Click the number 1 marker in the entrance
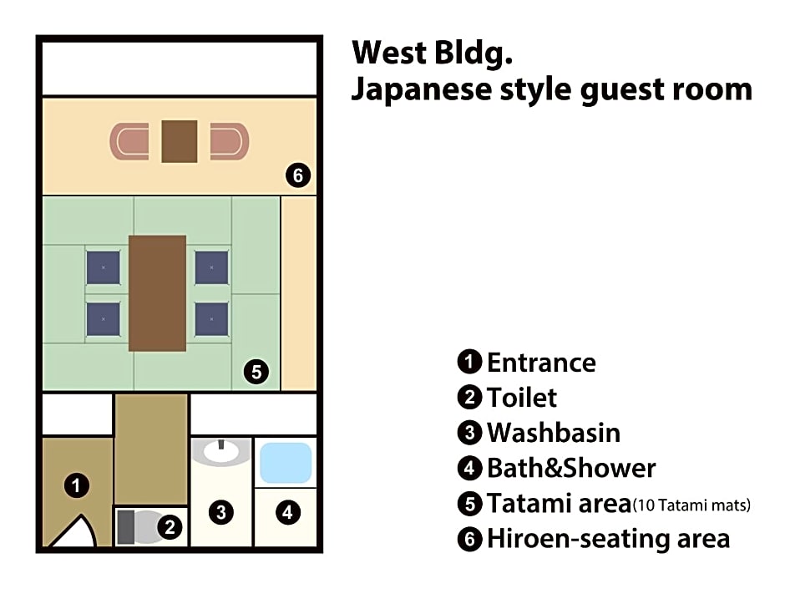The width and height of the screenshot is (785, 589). pyautogui.click(x=77, y=485)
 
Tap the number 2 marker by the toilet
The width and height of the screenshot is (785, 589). pyautogui.click(x=170, y=527)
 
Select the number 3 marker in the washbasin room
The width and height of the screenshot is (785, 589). pyautogui.click(x=220, y=512)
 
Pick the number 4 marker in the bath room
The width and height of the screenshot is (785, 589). pyautogui.click(x=287, y=512)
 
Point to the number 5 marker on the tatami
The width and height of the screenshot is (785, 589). pyautogui.click(x=256, y=372)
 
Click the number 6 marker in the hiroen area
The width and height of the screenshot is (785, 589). pyautogui.click(x=298, y=175)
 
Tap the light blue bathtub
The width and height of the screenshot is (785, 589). pyautogui.click(x=286, y=463)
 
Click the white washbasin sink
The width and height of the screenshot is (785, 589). pyautogui.click(x=220, y=452)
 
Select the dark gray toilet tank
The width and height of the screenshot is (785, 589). pyautogui.click(x=126, y=527)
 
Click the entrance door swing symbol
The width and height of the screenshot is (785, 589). pyautogui.click(x=75, y=532)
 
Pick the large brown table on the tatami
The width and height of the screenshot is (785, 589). pyautogui.click(x=157, y=293)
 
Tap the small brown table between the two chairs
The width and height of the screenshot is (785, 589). pyautogui.click(x=180, y=141)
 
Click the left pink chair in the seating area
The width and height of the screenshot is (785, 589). pyautogui.click(x=129, y=142)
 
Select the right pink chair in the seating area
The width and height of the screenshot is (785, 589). pyautogui.click(x=230, y=142)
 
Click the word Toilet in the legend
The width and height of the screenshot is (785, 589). pyautogui.click(x=522, y=398)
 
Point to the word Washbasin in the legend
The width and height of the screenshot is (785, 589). pyautogui.click(x=554, y=433)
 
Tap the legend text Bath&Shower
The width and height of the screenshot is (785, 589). pyautogui.click(x=571, y=469)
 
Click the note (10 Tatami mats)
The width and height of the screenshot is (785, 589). pyautogui.click(x=691, y=505)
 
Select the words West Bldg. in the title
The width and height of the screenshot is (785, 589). pyautogui.click(x=433, y=53)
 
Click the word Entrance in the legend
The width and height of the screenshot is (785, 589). pyautogui.click(x=542, y=362)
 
